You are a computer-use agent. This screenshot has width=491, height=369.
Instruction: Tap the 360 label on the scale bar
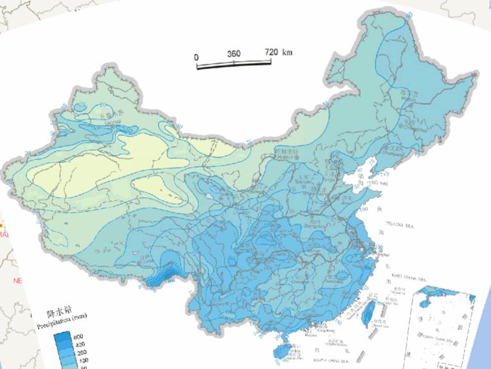(233, 54)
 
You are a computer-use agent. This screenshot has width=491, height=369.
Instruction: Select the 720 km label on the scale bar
(278, 51)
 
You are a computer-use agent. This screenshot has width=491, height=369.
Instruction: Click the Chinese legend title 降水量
(58, 313)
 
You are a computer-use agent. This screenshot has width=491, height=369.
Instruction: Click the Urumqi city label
(114, 120)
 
